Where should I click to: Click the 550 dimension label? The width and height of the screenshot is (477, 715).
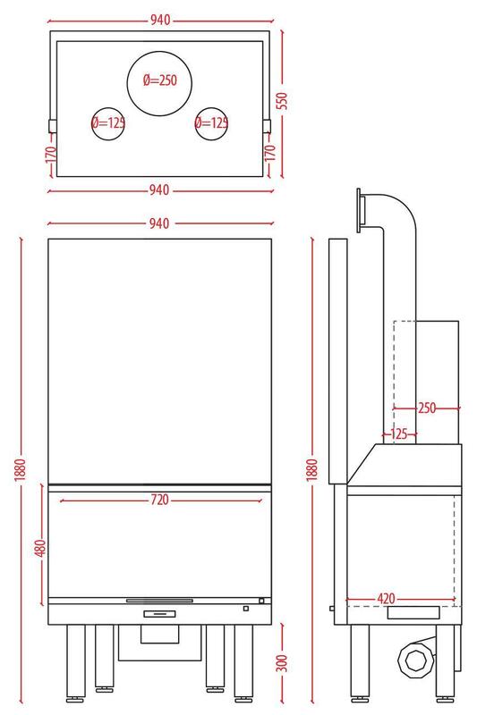(283, 100)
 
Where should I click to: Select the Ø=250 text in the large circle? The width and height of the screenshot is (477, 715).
(160, 80)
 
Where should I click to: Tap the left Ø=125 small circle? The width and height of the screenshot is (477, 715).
(108, 123)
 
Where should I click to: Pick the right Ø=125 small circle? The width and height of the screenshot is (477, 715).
(211, 123)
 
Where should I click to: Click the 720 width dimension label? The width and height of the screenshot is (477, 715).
(160, 500)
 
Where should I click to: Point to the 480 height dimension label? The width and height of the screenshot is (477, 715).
(40, 548)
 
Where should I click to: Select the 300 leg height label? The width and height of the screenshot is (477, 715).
(283, 662)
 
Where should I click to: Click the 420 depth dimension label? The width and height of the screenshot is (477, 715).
(387, 598)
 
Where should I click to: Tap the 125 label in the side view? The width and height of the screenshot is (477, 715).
(399, 433)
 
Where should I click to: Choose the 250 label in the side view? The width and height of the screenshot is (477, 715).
(427, 408)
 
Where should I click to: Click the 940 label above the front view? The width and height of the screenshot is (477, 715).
(159, 223)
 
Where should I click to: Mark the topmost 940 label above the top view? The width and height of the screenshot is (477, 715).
(160, 20)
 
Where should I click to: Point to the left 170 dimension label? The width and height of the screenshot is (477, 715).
(51, 154)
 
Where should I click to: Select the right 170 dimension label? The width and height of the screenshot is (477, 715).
(270, 153)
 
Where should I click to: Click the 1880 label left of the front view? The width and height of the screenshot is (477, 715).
(21, 470)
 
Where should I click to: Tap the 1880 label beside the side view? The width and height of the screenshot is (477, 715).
(312, 470)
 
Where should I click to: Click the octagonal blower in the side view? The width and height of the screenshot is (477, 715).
(414, 660)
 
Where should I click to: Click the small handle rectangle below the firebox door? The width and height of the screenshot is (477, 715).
(159, 614)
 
